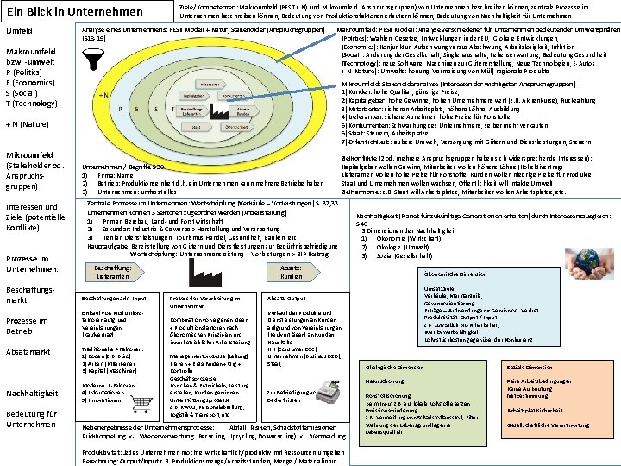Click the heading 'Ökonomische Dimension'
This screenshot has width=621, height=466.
click(x=455, y=274)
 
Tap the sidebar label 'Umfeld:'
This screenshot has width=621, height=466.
click(x=21, y=31)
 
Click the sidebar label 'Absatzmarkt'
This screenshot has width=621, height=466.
click(x=29, y=352)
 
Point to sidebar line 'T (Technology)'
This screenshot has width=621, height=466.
click(x=37, y=103)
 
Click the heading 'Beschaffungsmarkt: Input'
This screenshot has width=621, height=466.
click(x=114, y=297)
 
